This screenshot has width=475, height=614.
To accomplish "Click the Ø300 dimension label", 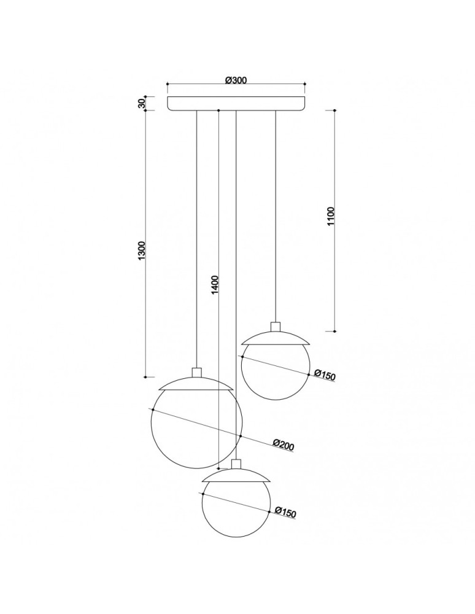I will pos(236,80).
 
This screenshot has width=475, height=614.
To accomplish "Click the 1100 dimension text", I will pos(331,217).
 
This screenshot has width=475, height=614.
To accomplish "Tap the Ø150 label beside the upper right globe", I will pos(325,375).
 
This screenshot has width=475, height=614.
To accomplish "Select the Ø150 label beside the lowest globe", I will pos(286,513).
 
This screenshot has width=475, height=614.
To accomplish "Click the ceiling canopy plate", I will pos(236,103).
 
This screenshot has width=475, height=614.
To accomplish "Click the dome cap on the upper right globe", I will pos(276,337).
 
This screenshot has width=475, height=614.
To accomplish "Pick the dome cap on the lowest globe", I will pos(236,475).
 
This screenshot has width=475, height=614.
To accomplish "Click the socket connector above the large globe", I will pos(196,372).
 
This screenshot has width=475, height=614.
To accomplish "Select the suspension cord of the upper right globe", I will pos(276,215).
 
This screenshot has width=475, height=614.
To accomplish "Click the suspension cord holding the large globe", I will pos(196,239).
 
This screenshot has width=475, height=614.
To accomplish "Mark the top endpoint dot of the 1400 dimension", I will pos(219,111).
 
